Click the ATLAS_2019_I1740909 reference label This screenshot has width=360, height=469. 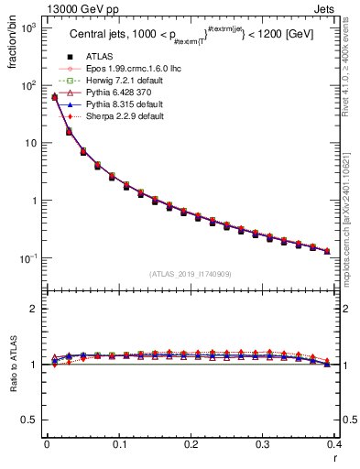[190, 273]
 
